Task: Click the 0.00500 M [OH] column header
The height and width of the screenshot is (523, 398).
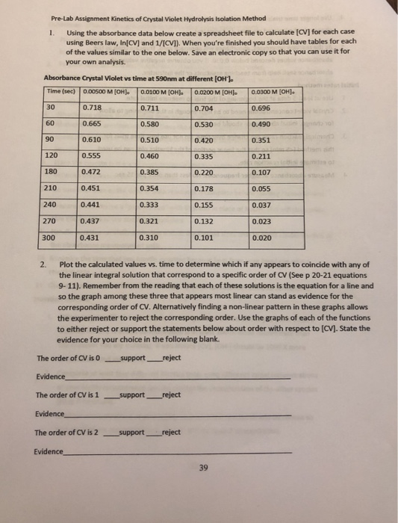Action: [106, 91]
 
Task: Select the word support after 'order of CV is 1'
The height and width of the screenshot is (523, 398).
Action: [132, 394]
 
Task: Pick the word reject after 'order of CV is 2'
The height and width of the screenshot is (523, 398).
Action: [171, 432]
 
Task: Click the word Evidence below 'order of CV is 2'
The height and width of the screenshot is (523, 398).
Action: [49, 451]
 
